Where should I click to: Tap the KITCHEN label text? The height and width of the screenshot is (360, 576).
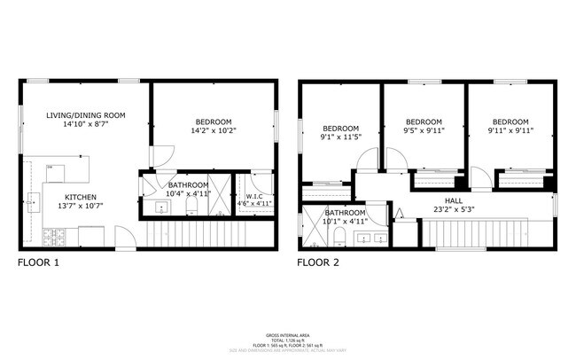pos(81,197)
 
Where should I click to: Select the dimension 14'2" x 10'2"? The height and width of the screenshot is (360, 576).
pos(213,131)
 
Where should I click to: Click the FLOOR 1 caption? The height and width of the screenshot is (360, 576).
pos(39,263)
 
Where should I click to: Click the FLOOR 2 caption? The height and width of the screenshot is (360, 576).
pos(319,263)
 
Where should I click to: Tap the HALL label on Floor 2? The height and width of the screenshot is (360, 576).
pos(454,201)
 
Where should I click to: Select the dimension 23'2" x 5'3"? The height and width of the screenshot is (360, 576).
pos(454,211)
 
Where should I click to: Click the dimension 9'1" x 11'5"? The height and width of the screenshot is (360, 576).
pos(340,137)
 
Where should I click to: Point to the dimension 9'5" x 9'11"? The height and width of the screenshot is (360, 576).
pos(424,132)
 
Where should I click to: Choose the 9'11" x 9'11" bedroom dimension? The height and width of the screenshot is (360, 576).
pos(510,132)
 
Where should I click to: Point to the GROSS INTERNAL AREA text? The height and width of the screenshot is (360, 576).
pos(287,335)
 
